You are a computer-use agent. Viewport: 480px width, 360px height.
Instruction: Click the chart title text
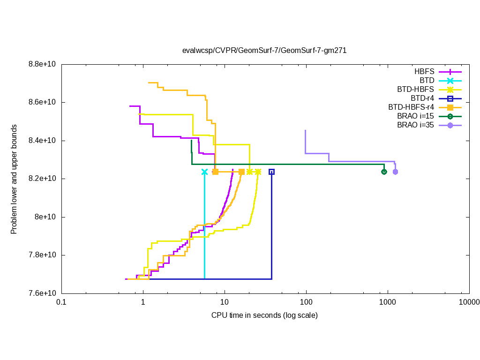[x=264, y=51]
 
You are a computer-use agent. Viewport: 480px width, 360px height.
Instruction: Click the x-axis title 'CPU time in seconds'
[x=264, y=315]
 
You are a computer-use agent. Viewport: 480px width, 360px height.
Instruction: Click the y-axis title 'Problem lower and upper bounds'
[x=14, y=180]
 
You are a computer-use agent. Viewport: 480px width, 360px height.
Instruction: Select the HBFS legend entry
[x=424, y=72]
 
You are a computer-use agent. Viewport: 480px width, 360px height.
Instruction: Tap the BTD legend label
[x=427, y=81]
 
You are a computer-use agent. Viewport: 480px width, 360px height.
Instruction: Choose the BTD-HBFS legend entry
[x=416, y=90]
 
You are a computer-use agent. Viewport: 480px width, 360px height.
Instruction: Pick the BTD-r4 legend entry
[x=422, y=98]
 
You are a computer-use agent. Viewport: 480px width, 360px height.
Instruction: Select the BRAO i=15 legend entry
[x=415, y=116]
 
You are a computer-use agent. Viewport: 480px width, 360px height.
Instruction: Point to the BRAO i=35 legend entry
[x=415, y=125]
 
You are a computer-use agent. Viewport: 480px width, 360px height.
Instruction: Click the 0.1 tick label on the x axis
[x=61, y=302]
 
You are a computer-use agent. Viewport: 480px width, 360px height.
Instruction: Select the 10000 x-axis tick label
[x=469, y=302]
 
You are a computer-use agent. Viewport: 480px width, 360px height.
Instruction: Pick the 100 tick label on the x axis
[x=306, y=302]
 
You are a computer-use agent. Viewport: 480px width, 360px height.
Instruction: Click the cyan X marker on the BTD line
[x=204, y=172]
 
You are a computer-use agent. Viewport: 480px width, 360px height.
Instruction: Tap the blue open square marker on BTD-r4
[x=271, y=172]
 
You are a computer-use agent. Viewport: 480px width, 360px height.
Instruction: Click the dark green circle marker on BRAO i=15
[x=384, y=172]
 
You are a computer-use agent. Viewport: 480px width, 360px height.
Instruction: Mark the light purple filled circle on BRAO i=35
[x=395, y=172]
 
